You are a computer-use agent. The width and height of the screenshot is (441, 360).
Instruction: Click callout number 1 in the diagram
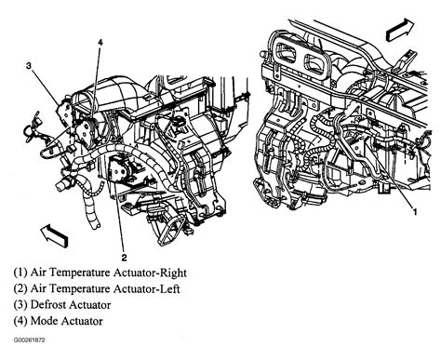[x=415, y=212]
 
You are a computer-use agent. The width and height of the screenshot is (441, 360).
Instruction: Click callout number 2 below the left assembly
[x=124, y=258]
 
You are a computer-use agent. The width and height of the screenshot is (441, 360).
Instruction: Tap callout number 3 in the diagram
[x=29, y=66]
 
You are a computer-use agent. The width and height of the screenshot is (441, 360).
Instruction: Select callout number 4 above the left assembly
[x=100, y=42]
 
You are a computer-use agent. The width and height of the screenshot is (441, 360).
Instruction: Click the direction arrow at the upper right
[x=400, y=30]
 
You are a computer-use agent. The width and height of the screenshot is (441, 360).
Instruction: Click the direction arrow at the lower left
[x=54, y=236]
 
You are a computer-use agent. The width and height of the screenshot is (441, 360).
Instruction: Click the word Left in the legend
[x=169, y=289]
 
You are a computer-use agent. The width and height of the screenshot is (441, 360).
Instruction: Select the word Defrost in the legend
[x=48, y=305]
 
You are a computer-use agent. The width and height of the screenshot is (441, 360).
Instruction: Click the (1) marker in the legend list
[x=20, y=273]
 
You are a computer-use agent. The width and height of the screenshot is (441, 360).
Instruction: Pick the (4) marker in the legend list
[x=20, y=321]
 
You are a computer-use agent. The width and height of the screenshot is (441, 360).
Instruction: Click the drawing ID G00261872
[x=29, y=340]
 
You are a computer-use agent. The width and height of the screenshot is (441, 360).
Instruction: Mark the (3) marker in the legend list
[x=20, y=305]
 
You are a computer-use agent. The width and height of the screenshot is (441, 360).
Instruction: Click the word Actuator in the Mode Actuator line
[x=82, y=321]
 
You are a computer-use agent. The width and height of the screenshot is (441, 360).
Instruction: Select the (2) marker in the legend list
[x=20, y=288]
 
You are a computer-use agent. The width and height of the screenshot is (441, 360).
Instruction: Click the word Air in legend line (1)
[x=38, y=273]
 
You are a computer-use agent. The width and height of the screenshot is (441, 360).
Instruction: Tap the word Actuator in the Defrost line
[x=90, y=305]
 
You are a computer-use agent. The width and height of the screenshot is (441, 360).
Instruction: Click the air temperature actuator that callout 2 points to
[x=120, y=169]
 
